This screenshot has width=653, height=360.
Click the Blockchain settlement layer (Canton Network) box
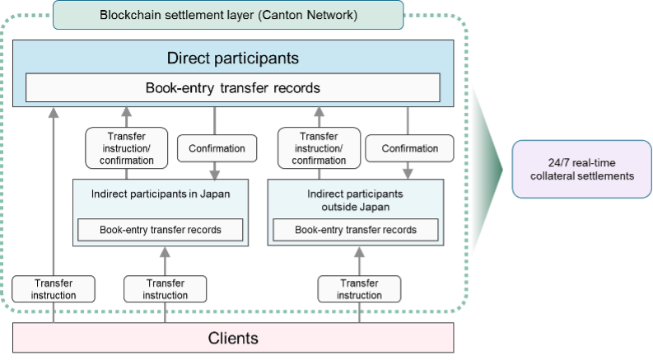[x=228, y=15]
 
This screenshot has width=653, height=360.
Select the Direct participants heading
[x=232, y=58]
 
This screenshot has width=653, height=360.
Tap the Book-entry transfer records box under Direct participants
[x=232, y=87]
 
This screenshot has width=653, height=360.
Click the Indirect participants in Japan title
[x=161, y=194]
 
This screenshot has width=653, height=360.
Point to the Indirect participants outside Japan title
[x=356, y=200]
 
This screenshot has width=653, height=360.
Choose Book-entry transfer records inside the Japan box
[x=161, y=230]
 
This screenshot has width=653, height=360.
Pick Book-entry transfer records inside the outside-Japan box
[x=356, y=230]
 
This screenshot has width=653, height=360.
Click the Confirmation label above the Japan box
[x=217, y=149]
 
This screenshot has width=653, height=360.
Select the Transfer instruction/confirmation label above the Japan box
[x=126, y=148]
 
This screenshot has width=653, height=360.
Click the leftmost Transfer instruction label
[x=54, y=288]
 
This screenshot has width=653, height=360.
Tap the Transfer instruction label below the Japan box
[x=166, y=288]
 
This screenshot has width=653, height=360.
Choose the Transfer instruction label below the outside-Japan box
[x=360, y=288]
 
